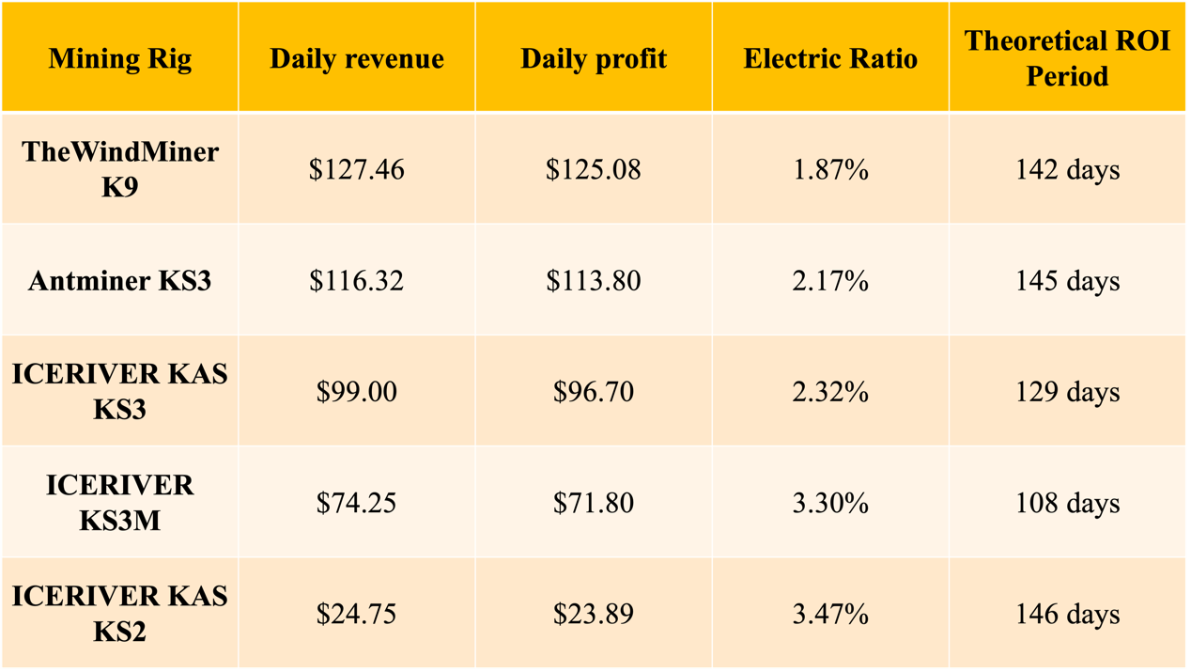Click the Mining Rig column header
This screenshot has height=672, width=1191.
(x=119, y=59)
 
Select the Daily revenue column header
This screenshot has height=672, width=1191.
(x=357, y=59)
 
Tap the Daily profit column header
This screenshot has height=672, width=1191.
(x=594, y=59)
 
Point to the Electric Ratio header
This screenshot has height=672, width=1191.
(x=830, y=59)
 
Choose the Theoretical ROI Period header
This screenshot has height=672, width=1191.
(x=1067, y=58)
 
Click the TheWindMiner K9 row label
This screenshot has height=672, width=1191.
(x=119, y=169)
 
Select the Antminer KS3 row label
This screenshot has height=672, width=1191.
(x=119, y=281)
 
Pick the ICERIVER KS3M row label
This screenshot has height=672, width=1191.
(x=119, y=503)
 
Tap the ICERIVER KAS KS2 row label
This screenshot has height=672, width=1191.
(x=119, y=614)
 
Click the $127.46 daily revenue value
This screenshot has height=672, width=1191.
(x=357, y=170)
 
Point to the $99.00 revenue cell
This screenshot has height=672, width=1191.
(x=357, y=392)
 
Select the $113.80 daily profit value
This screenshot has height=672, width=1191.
(x=594, y=281)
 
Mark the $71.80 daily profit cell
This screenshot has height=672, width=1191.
(x=594, y=503)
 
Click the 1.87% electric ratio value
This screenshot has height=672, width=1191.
(x=830, y=170)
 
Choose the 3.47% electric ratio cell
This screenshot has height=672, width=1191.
(x=830, y=614)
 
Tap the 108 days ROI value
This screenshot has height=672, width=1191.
(x=1067, y=503)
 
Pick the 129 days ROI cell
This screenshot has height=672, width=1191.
(x=1067, y=392)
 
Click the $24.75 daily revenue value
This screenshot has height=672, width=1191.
(x=357, y=614)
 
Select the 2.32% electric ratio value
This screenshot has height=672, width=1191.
(x=830, y=392)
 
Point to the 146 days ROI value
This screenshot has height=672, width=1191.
(x=1067, y=614)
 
